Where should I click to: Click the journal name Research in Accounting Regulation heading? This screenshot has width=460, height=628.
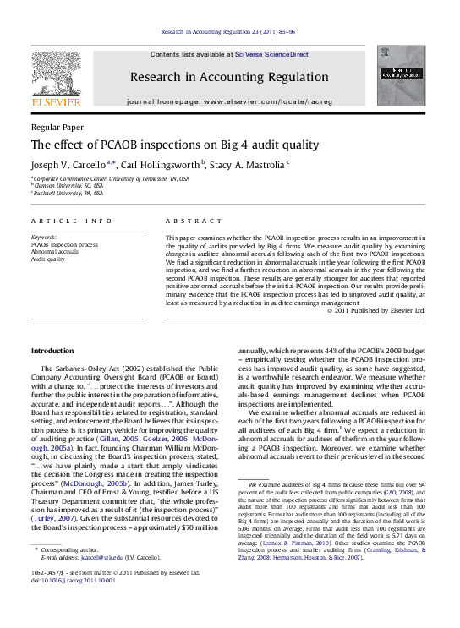click(x=229, y=77)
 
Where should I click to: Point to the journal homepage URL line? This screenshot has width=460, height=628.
click(x=229, y=101)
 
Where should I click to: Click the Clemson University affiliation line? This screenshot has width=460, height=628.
click(x=68, y=186)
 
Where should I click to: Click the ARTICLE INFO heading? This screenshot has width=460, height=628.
click(x=72, y=221)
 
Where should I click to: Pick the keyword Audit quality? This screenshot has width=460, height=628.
click(x=48, y=259)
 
